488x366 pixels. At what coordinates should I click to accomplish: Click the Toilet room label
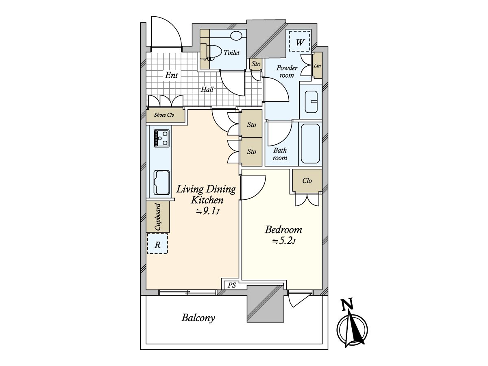[x=231, y=53]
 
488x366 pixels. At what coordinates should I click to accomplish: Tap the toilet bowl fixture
[x=211, y=52]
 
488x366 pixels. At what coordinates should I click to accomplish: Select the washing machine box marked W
[x=299, y=41]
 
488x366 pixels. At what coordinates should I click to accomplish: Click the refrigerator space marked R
[x=157, y=244]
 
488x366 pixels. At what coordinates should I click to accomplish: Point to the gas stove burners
[x=161, y=138]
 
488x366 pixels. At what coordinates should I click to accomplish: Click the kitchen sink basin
[x=161, y=183]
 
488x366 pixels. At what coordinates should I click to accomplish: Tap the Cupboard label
[x=158, y=217]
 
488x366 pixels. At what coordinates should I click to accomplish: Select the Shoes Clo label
[x=164, y=115]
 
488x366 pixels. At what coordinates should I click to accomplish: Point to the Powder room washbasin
[x=311, y=102]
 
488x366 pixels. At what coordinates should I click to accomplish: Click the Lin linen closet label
[x=317, y=66]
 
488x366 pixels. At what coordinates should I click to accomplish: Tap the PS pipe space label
[x=232, y=285]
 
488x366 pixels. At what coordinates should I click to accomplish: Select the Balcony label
[x=198, y=318]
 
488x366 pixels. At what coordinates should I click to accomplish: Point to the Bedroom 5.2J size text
[x=284, y=242]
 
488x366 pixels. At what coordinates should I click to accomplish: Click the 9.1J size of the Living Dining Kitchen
[x=207, y=211]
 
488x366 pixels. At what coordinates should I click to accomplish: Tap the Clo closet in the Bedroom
[x=307, y=181]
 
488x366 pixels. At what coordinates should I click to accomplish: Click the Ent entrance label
[x=171, y=75]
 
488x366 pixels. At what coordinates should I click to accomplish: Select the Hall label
[x=207, y=89]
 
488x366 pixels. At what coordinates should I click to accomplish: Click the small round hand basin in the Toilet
[x=236, y=35]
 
